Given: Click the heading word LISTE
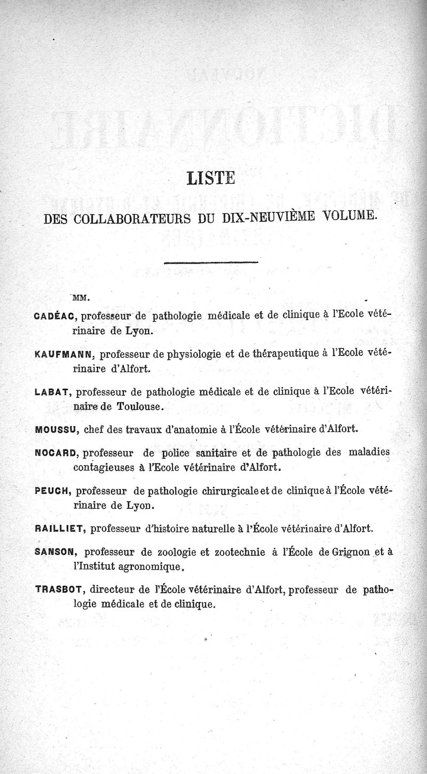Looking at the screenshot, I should (x=211, y=177).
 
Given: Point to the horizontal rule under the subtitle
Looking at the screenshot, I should (x=211, y=262).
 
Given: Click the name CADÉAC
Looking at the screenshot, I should (x=57, y=315).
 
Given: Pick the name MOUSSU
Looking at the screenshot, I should (x=57, y=429).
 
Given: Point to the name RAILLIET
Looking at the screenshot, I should (x=60, y=529).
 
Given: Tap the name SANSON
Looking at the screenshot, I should (x=56, y=552).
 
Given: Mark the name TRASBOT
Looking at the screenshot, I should (x=60, y=590).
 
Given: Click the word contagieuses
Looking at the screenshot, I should (x=108, y=468).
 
